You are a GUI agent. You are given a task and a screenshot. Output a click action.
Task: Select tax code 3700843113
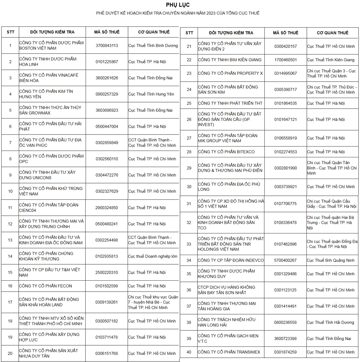107,46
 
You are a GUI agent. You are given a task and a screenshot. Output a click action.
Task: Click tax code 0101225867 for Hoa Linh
107,62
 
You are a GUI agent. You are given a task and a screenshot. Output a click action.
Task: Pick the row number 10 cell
10,191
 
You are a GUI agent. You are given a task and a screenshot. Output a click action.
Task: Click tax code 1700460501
286,60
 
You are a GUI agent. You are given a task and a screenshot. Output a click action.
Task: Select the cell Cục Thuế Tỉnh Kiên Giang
330,60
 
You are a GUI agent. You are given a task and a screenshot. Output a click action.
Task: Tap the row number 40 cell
189,352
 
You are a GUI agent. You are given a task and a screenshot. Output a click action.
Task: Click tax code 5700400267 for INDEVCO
286,260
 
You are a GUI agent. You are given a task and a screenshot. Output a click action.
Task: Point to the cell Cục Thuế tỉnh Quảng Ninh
330,260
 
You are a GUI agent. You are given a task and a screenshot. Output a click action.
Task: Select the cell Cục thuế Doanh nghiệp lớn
152,256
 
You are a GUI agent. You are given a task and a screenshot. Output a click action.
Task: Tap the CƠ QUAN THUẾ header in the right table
332,33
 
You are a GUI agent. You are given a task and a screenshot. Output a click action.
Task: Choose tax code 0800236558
286,322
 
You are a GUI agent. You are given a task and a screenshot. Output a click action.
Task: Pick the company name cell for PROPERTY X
230,73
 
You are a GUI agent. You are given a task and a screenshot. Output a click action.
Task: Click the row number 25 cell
189,103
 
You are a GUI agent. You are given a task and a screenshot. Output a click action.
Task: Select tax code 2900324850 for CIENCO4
107,208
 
